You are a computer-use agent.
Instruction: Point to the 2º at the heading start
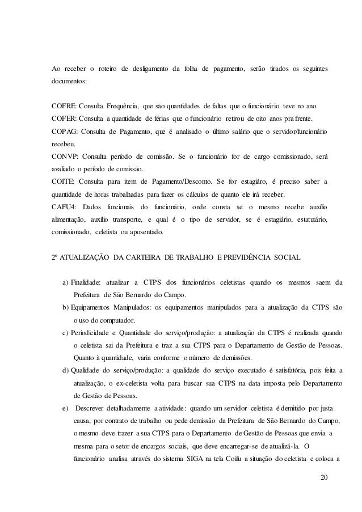point(55,258)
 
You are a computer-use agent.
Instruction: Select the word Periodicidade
point(96,333)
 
